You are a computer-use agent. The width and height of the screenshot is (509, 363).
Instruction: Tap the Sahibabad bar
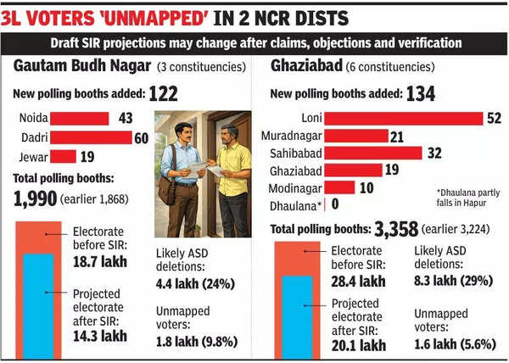(x=373, y=153)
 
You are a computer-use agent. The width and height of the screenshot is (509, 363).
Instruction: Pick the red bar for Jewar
(x=64, y=156)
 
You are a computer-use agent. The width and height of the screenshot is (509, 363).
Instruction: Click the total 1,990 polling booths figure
(x=35, y=198)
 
